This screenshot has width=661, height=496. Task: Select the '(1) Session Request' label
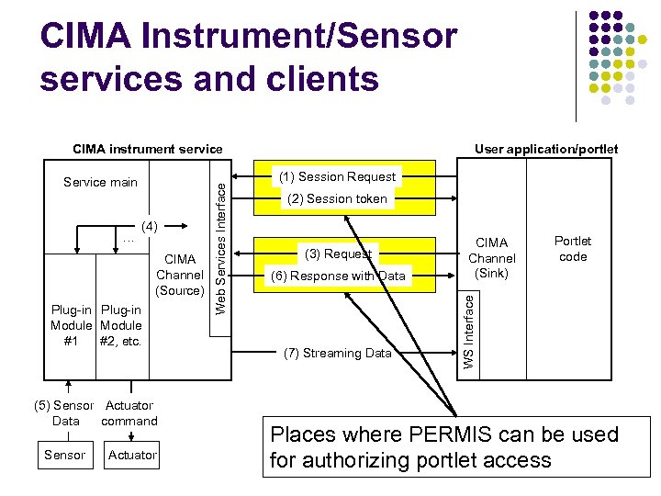339,176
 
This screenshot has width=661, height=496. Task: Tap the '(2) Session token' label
338,198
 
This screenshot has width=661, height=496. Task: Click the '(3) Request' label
338,254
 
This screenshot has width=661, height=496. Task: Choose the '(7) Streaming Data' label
338,353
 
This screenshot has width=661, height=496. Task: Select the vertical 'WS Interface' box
468,332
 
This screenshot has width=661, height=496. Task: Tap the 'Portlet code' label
573,249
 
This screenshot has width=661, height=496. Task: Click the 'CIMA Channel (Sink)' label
492,258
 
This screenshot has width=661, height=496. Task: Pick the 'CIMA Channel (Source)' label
180,275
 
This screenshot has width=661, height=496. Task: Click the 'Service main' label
100,182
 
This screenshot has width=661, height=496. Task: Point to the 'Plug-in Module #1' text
71,325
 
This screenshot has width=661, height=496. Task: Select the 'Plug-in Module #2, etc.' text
120,325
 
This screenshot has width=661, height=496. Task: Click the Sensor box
64,455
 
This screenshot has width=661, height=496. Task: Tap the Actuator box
132,455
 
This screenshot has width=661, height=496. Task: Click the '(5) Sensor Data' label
62,413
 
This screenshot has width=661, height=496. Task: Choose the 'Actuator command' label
129,413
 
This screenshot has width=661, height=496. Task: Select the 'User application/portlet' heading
546,149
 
